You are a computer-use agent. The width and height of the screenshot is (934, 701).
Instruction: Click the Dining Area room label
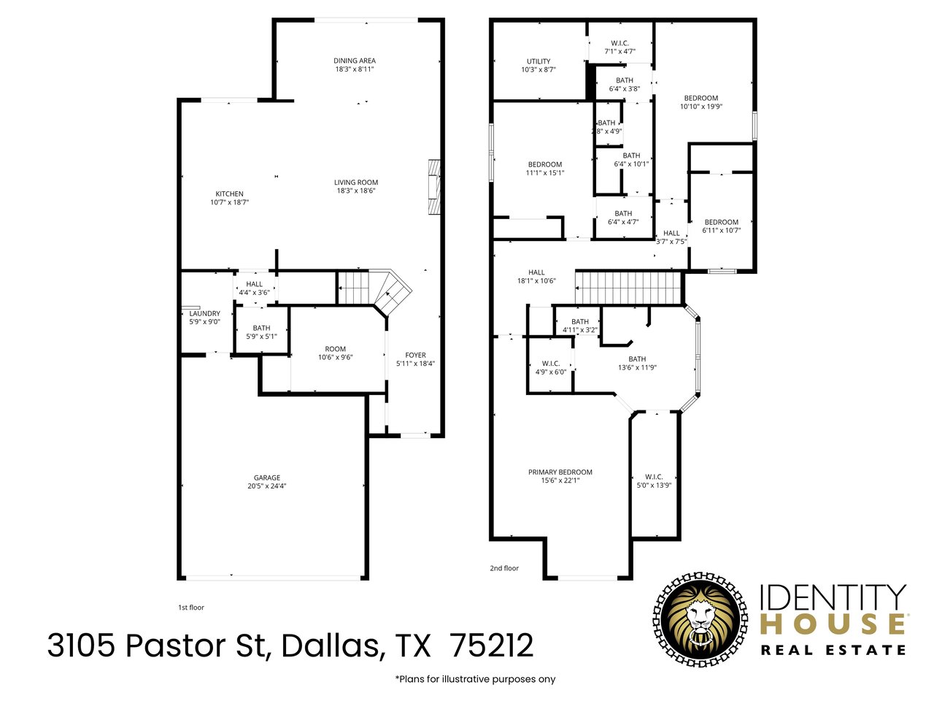(x=355, y=61)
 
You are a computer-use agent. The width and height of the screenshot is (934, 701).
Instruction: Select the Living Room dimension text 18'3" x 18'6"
(x=356, y=191)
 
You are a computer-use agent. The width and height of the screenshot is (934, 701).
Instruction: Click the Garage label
(x=267, y=478)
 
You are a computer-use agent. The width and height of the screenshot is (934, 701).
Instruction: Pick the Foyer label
(x=415, y=355)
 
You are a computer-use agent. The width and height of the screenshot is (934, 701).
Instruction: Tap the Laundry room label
(x=204, y=313)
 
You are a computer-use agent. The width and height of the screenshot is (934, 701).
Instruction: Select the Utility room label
(x=539, y=61)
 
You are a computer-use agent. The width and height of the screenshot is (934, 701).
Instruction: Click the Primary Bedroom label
(x=560, y=472)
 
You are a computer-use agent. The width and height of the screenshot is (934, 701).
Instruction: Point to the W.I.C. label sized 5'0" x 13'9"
(x=654, y=477)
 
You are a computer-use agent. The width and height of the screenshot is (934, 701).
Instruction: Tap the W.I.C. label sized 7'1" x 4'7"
(x=620, y=42)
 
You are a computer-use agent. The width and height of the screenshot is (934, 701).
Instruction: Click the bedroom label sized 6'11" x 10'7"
(x=721, y=222)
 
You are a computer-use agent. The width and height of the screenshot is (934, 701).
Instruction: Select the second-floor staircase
(x=628, y=287)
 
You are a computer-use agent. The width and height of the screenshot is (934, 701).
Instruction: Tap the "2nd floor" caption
(x=504, y=567)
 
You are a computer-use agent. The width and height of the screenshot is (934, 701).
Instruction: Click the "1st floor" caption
(x=191, y=607)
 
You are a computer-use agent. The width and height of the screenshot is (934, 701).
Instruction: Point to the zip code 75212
(x=492, y=646)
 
